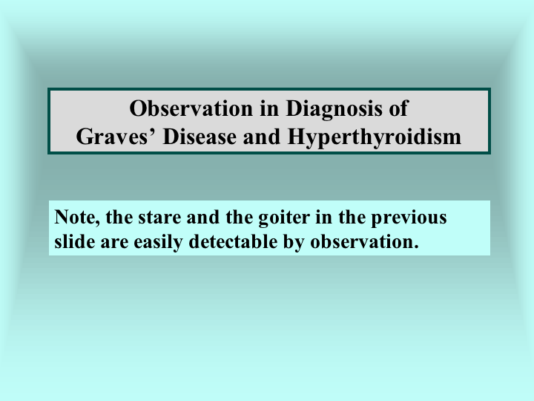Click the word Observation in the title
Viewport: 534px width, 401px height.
[x=191, y=108]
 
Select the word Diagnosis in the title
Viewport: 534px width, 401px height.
[x=334, y=109]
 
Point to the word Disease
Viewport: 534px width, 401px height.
[x=200, y=137]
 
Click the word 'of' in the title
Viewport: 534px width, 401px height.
[x=398, y=108]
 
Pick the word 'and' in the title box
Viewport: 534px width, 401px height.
[x=263, y=137]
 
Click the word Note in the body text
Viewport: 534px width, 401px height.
[x=75, y=217]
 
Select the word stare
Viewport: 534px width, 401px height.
[x=159, y=217]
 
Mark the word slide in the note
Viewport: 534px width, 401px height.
[x=75, y=242]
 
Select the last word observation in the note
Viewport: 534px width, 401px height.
[x=362, y=242]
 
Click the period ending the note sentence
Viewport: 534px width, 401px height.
[x=416, y=247]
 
